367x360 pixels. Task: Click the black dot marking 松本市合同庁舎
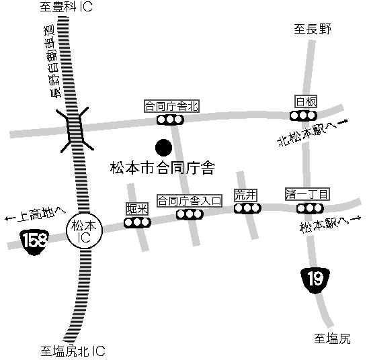pyautogui.click(x=163, y=148)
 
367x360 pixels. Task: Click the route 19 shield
pyautogui.click(x=315, y=280)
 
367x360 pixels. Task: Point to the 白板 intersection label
pyautogui.click(x=306, y=101)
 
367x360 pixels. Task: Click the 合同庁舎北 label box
pyautogui.click(x=171, y=106)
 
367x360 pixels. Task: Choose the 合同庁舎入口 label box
pyautogui.click(x=190, y=201)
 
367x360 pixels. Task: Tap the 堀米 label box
pyautogui.click(x=137, y=209)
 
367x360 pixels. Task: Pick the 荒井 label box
pyautogui.click(x=245, y=195)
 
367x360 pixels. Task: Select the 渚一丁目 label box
pyautogui.click(x=307, y=194)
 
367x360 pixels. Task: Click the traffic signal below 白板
pyautogui.click(x=303, y=116)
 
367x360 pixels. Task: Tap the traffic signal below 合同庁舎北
pyautogui.click(x=171, y=120)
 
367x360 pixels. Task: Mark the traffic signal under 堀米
pyautogui.click(x=137, y=222)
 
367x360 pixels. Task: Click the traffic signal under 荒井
pyautogui.click(x=247, y=208)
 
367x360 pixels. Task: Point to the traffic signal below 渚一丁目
pyautogui.click(x=310, y=208)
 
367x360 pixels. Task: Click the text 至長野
pyautogui.click(x=313, y=29)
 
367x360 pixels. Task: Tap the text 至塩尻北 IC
pyautogui.click(x=73, y=351)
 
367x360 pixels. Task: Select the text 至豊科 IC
pyautogui.click(x=67, y=7)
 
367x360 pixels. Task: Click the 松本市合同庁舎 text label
pyautogui.click(x=163, y=168)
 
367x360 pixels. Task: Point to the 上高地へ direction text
pyautogui.click(x=35, y=214)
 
